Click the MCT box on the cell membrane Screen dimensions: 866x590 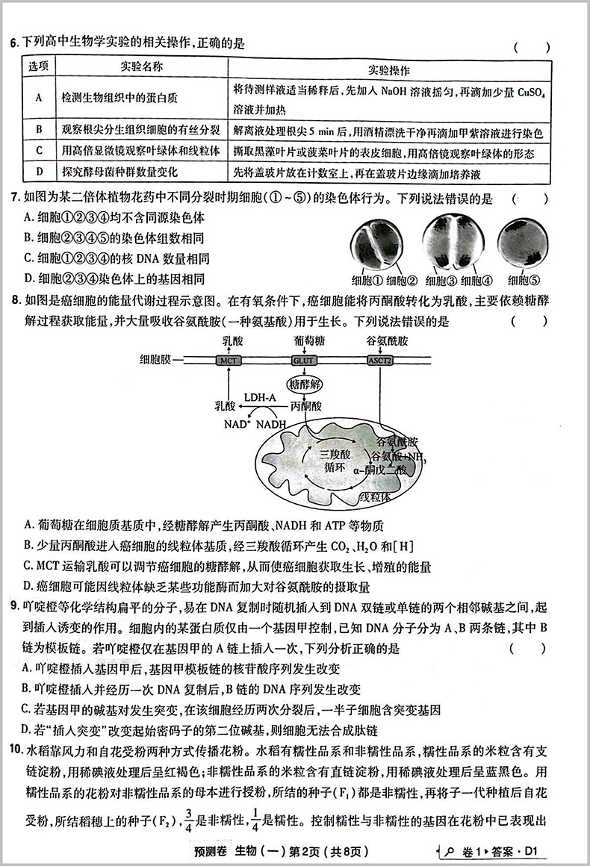227,360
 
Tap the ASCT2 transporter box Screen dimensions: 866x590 379,360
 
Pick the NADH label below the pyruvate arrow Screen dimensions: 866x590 271,423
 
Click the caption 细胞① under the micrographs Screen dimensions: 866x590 367,281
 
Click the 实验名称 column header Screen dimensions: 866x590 141,67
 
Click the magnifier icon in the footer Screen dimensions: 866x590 450,851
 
